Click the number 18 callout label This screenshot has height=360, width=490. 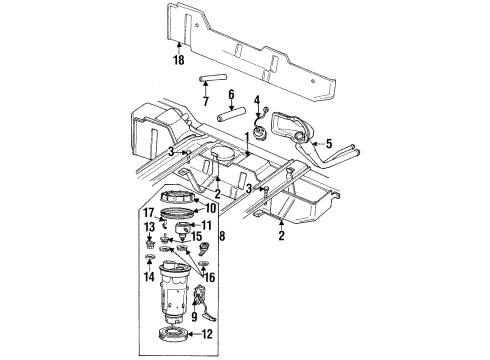[x=178, y=62]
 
